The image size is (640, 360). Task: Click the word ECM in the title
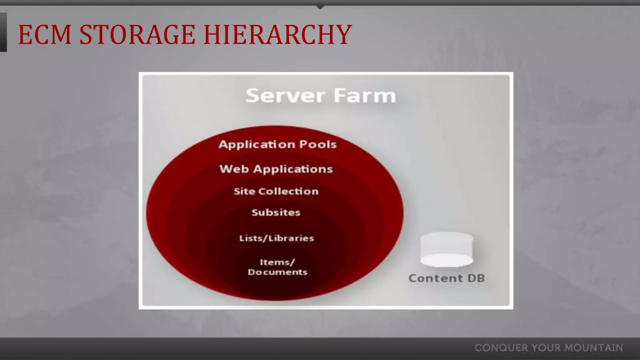pos(45,35)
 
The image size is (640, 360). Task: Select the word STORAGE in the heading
pos(137,35)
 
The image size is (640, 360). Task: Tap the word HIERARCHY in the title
pos(278,35)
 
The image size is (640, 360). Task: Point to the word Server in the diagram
pos(285,96)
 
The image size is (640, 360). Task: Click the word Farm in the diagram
pos(365,96)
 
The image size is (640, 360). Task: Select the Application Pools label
pos(277,145)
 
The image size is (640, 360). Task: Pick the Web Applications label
pos(276,169)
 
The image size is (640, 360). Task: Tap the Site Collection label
pos(276,191)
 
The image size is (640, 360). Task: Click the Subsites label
pos(276,212)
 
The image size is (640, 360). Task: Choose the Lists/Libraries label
pos(277,238)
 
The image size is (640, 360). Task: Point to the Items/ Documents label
pos(277,267)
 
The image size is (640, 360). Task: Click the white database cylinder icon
pos(447,249)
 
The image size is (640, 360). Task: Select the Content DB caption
pos(447,278)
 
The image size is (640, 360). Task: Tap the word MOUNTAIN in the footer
pos(594,348)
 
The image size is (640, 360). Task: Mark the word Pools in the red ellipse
pos(318,145)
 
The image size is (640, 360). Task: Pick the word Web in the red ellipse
pos(234,169)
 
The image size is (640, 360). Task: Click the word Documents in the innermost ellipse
pos(277,272)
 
